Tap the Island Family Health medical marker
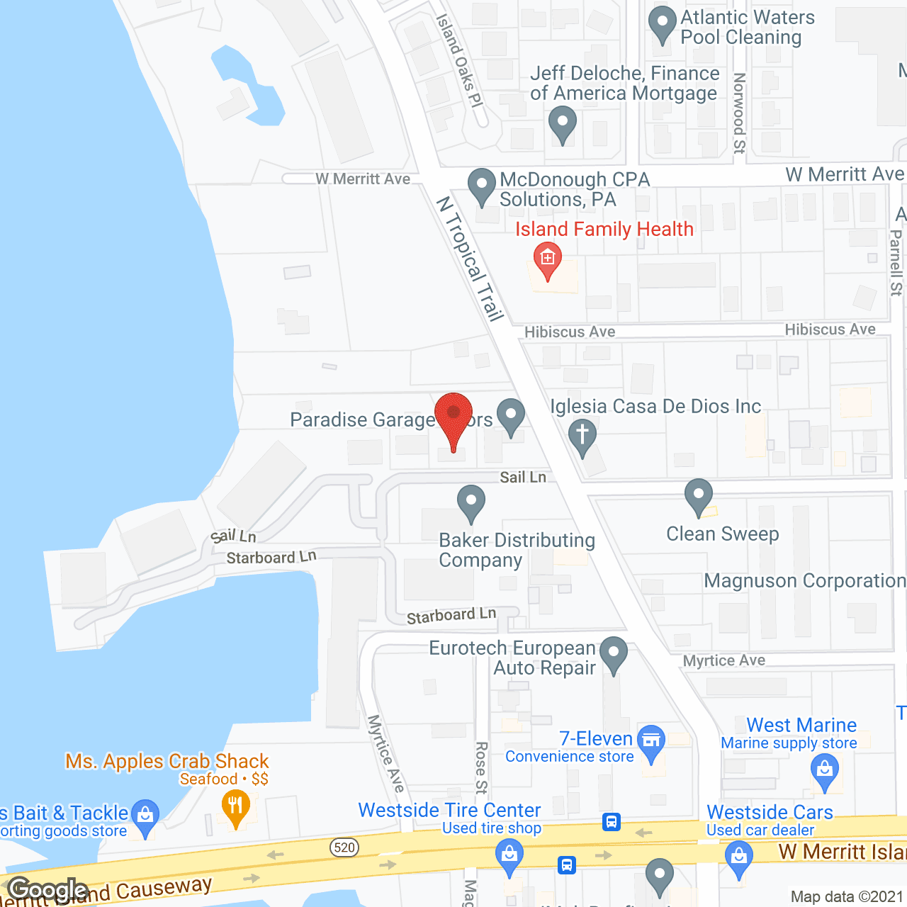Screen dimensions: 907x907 click(547, 259)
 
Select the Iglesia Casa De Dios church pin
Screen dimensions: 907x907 click(582, 434)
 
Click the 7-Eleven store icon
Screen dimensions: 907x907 click(651, 741)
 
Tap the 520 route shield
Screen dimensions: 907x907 click(344, 847)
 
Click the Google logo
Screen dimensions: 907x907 click(47, 889)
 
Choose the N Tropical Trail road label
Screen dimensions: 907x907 click(469, 259)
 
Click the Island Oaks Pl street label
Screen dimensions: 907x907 click(459, 60)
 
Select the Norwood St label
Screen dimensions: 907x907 click(739, 113)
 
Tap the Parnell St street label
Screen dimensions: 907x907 click(896, 262)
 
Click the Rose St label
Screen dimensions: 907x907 click(481, 768)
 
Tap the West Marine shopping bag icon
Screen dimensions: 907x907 click(824, 770)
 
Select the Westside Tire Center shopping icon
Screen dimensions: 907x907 click(509, 854)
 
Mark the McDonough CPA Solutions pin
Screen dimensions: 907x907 click(482, 185)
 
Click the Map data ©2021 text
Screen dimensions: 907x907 click(847, 896)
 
